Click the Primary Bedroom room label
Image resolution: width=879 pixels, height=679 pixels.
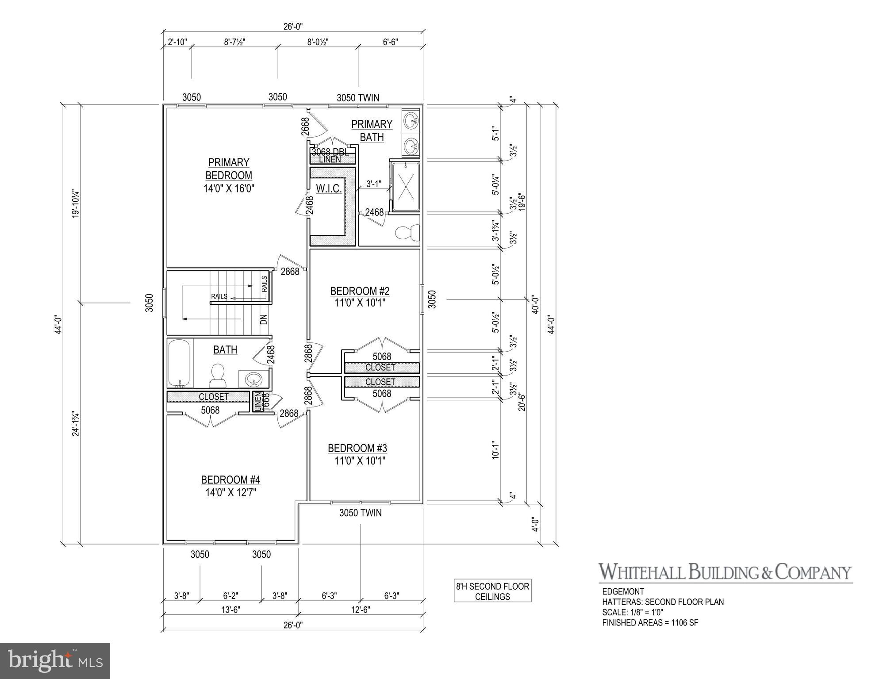click(228, 169)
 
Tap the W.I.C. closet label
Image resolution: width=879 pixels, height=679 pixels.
click(329, 189)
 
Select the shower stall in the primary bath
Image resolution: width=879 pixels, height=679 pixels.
click(405, 186)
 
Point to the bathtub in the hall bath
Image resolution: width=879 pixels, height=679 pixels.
click(179, 363)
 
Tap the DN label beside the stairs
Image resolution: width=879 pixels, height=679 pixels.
click(264, 319)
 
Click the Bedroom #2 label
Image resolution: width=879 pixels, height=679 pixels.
click(360, 291)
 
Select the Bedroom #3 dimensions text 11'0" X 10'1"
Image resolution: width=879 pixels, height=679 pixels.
click(360, 461)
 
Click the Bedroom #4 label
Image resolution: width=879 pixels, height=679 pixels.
click(230, 480)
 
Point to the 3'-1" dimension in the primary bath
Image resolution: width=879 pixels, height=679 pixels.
click(373, 183)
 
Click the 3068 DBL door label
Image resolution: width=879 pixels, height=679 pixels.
click(330, 152)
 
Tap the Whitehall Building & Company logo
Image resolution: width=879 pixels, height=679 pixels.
click(725, 572)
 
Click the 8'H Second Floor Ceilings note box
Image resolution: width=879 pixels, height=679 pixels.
click(492, 591)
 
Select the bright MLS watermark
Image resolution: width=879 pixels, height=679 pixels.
click(55, 660)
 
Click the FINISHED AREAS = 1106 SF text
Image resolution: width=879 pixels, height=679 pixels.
click(650, 623)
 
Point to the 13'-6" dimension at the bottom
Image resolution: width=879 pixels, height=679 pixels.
click(230, 610)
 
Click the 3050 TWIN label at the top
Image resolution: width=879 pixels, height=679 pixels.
click(357, 98)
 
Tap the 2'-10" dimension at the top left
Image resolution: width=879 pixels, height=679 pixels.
click(177, 42)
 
